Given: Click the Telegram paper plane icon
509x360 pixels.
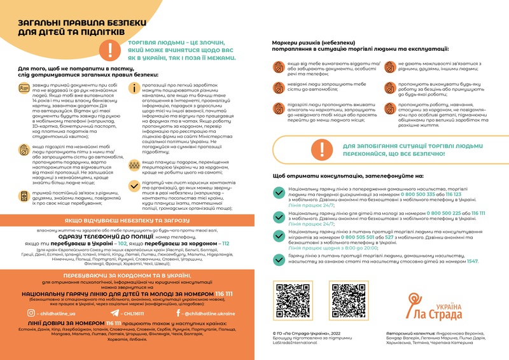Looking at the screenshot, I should point(115,313).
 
